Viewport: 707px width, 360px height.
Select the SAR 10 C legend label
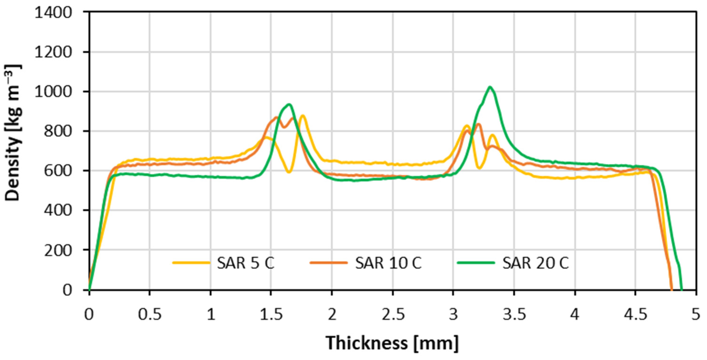[388, 263]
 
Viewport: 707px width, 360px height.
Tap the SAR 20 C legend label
[536, 263]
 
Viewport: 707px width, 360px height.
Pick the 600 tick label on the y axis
[58, 171]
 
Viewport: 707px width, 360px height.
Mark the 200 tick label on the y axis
[58, 250]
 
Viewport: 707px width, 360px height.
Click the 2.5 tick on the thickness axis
[393, 315]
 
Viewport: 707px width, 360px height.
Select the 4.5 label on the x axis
[635, 315]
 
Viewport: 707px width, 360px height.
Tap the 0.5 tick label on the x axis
[150, 315]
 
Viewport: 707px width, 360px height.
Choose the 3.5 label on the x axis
[514, 315]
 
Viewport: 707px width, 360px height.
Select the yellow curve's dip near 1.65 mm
[288, 172]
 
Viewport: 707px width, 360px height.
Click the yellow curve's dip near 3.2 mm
[479, 168]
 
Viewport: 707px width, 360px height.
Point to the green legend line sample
[476, 263]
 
